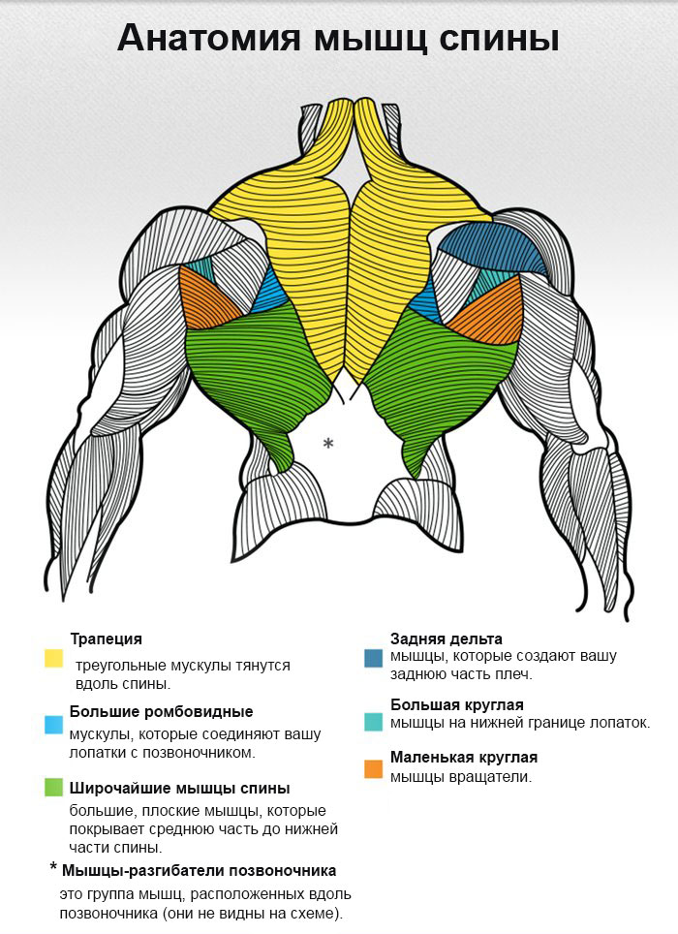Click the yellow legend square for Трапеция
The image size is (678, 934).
pos(54,659)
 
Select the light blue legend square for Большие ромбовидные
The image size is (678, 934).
pos(54,724)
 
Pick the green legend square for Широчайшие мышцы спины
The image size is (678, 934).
pos(54,788)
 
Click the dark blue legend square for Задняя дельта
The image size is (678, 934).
pos(374,658)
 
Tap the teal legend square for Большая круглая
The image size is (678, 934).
pos(374,722)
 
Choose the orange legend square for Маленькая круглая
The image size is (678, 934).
pos(374,769)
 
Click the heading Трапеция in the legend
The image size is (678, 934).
pos(106,639)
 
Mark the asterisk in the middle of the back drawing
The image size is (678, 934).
pos(328,443)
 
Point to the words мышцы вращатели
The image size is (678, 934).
pos(461,776)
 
